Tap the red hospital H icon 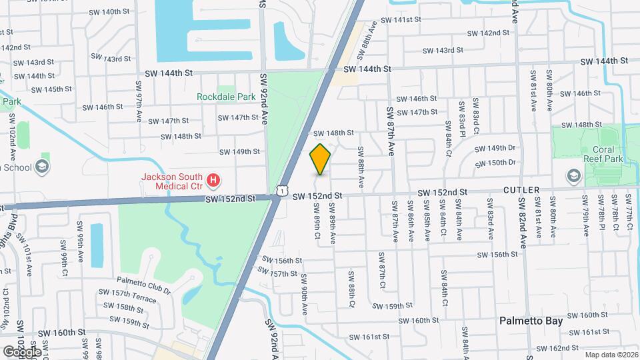[x=213, y=179]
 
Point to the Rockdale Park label [x=226, y=97]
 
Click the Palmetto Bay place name [x=532, y=321]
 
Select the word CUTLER [x=521, y=190]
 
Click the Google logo [x=21, y=351]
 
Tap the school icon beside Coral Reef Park [x=572, y=175]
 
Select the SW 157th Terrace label [x=127, y=296]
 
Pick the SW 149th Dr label [x=495, y=148]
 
